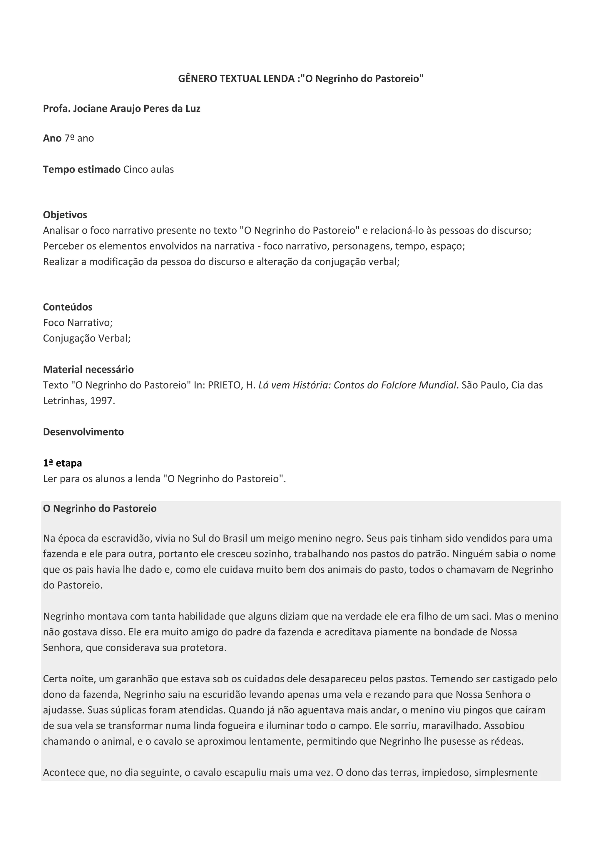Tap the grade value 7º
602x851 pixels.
69,138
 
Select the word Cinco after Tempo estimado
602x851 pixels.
135,169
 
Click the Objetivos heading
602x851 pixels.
65,215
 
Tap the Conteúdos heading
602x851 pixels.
68,307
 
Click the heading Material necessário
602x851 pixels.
88,369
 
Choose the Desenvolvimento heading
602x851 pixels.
83,432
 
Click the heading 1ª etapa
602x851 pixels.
62,463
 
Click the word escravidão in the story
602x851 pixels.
124,538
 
